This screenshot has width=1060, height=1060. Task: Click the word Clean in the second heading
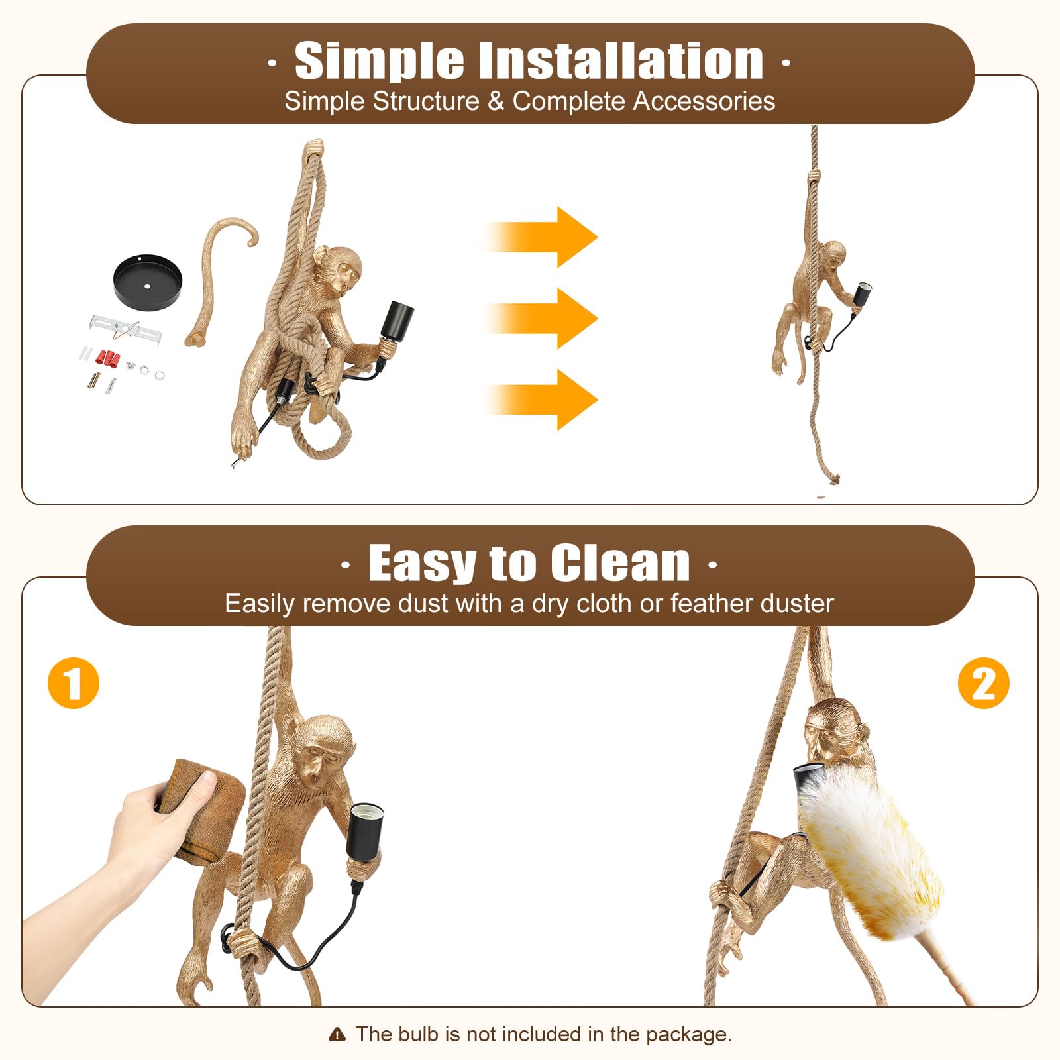(x=620, y=563)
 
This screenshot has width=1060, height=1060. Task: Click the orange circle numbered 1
(x=74, y=683)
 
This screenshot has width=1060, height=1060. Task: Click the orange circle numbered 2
(x=983, y=683)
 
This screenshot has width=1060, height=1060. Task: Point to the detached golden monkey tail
(x=215, y=278)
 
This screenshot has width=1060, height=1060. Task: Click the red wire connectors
(x=108, y=358)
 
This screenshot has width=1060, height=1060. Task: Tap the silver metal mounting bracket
(x=126, y=327)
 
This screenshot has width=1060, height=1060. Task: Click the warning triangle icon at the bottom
(x=337, y=1034)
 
